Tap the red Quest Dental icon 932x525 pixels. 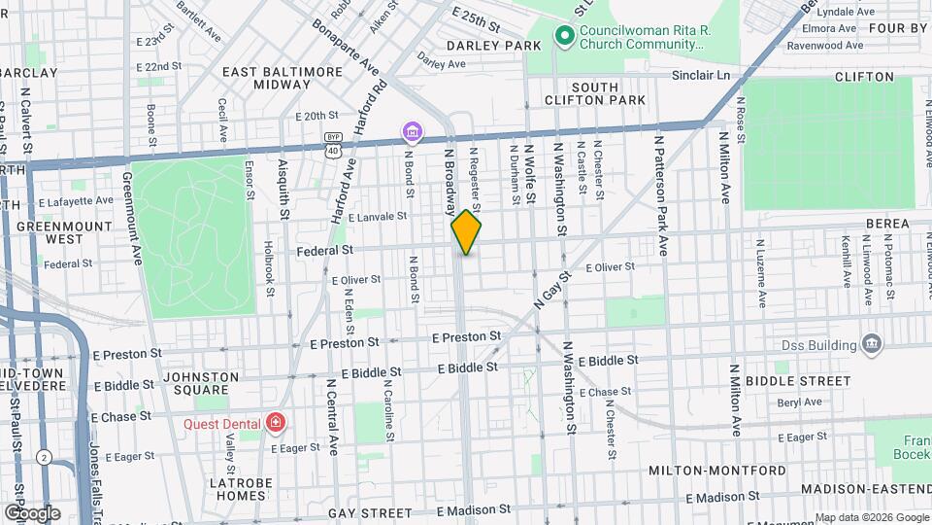pos(277,423)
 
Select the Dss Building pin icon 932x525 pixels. pos(871,344)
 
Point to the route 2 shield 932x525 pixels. pos(44,457)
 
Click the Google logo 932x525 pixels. pos(31,512)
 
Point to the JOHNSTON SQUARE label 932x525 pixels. pos(201,383)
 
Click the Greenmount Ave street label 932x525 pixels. pos(128,220)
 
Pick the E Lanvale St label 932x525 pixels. pos(377,217)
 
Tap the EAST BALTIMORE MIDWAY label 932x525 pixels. pos(283,79)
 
